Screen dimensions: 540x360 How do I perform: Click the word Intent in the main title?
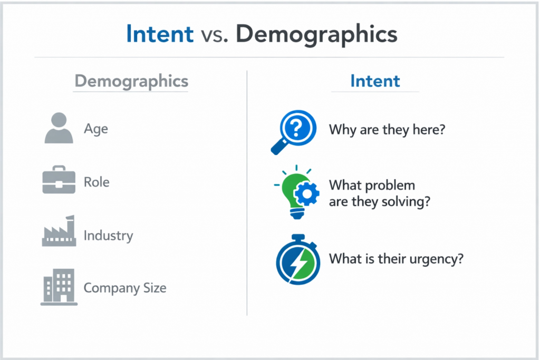coord(160,34)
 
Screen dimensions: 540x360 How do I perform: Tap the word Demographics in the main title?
coord(316,35)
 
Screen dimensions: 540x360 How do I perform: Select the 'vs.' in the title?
coord(214,35)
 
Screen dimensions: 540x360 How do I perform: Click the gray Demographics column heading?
coord(131,82)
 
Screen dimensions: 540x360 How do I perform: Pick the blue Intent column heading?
coord(375,81)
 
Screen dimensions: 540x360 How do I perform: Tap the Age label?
coord(96,130)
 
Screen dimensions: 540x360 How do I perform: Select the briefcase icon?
coord(59,180)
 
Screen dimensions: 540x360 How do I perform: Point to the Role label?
coord(97,182)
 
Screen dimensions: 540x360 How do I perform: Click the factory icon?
coord(59,231)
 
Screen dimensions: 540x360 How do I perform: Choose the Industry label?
coord(109,236)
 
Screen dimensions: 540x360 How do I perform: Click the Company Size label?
coord(125,288)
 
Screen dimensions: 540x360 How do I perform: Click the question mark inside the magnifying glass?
coord(296,128)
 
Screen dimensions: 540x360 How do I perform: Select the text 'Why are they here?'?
coord(387,130)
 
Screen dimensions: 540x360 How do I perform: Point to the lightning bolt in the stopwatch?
coord(298,264)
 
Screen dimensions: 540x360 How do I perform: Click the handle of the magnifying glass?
coord(279,147)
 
